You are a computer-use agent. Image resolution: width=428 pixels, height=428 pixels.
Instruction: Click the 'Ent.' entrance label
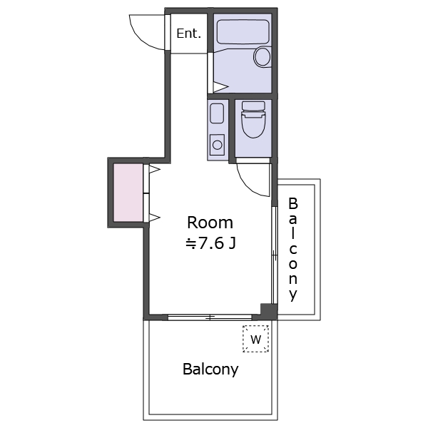[x=188, y=34]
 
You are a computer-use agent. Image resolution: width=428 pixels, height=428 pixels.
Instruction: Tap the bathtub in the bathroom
[x=243, y=31]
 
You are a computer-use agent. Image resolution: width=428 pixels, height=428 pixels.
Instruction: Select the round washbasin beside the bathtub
[x=263, y=57]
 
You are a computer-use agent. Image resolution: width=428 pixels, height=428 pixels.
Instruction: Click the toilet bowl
[x=253, y=124]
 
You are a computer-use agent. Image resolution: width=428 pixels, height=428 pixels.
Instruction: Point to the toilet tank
[x=253, y=106]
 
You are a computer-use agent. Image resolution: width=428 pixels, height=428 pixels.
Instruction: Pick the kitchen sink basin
[x=217, y=113]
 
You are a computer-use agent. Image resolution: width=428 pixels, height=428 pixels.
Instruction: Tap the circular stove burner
[x=218, y=145]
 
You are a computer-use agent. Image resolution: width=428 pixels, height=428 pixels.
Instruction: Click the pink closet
[x=128, y=193]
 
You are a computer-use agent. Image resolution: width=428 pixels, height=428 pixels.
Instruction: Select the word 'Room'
[x=210, y=223]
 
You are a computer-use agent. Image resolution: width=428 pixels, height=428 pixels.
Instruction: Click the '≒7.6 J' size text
[x=210, y=243]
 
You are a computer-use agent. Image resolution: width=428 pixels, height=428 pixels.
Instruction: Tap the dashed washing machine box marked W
[x=256, y=339]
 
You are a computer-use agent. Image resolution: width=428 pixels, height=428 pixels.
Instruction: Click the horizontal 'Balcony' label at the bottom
[x=210, y=370]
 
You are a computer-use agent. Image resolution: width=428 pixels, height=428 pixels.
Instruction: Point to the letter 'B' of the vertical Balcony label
[x=293, y=203]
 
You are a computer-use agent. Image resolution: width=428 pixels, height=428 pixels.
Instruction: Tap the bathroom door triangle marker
[x=220, y=87]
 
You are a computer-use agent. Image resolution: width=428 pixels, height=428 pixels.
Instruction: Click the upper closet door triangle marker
[x=155, y=170]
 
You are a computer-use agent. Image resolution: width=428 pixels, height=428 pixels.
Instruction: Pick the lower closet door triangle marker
[x=155, y=218]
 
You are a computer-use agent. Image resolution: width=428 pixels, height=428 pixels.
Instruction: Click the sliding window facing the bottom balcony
[x=210, y=317]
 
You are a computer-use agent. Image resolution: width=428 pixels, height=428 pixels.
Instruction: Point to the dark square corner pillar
[x=269, y=311]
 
